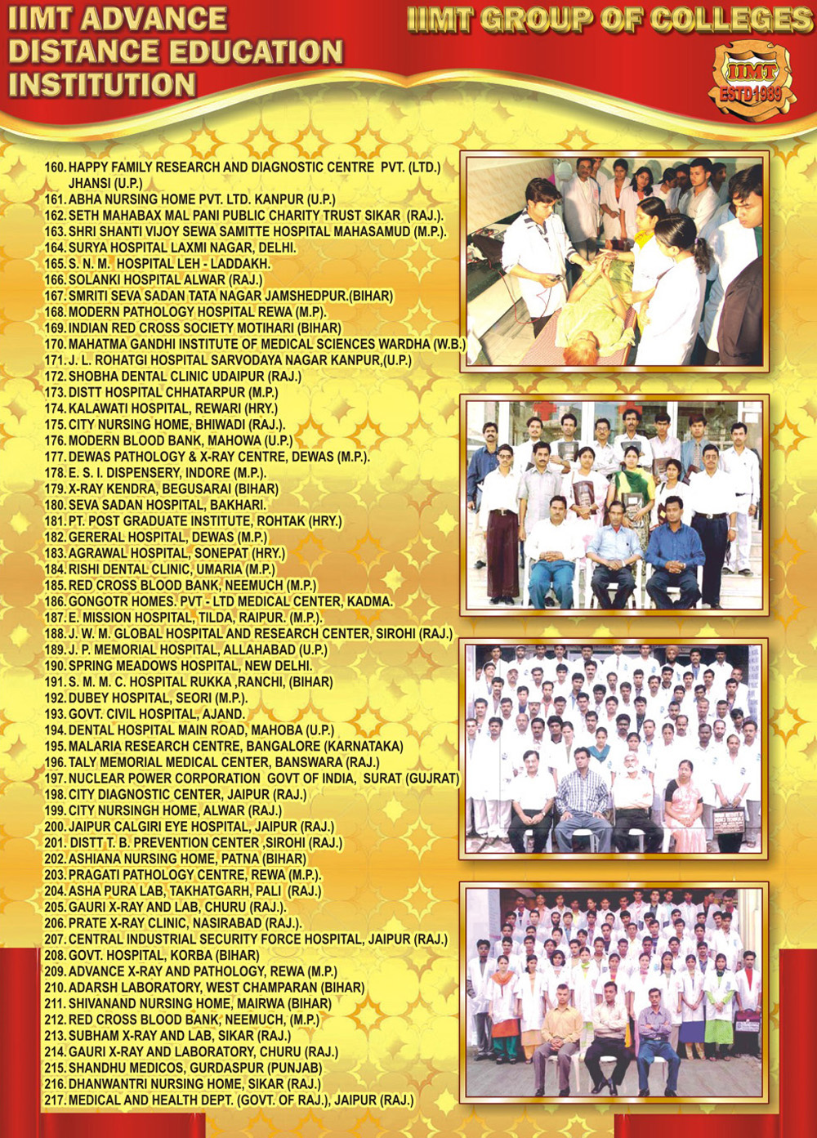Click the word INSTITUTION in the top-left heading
pyautogui.click(x=102, y=85)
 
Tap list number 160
pyautogui.click(x=55, y=167)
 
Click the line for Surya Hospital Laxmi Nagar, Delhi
pyautogui.click(x=172, y=248)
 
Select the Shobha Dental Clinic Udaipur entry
pyautogui.click(x=173, y=377)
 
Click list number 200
pyautogui.click(x=55, y=827)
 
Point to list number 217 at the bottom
pyautogui.click(x=55, y=1100)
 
